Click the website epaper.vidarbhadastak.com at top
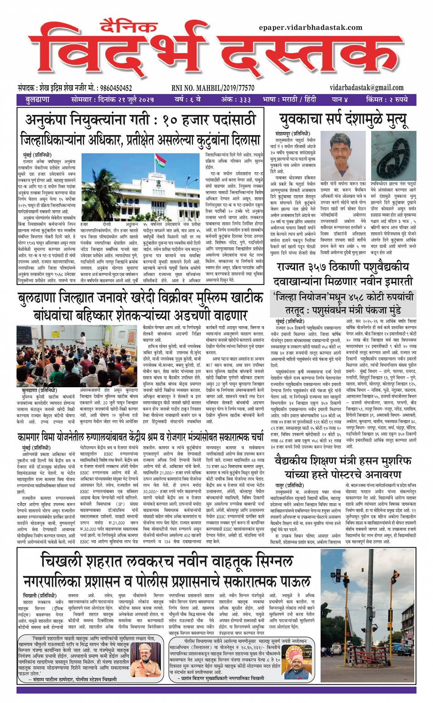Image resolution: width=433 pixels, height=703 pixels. point(310,27)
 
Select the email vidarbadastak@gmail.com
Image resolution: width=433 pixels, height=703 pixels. point(367,88)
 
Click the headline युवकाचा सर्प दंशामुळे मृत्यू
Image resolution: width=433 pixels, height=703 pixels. point(343,120)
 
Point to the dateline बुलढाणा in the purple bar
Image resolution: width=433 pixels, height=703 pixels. point(38,99)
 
